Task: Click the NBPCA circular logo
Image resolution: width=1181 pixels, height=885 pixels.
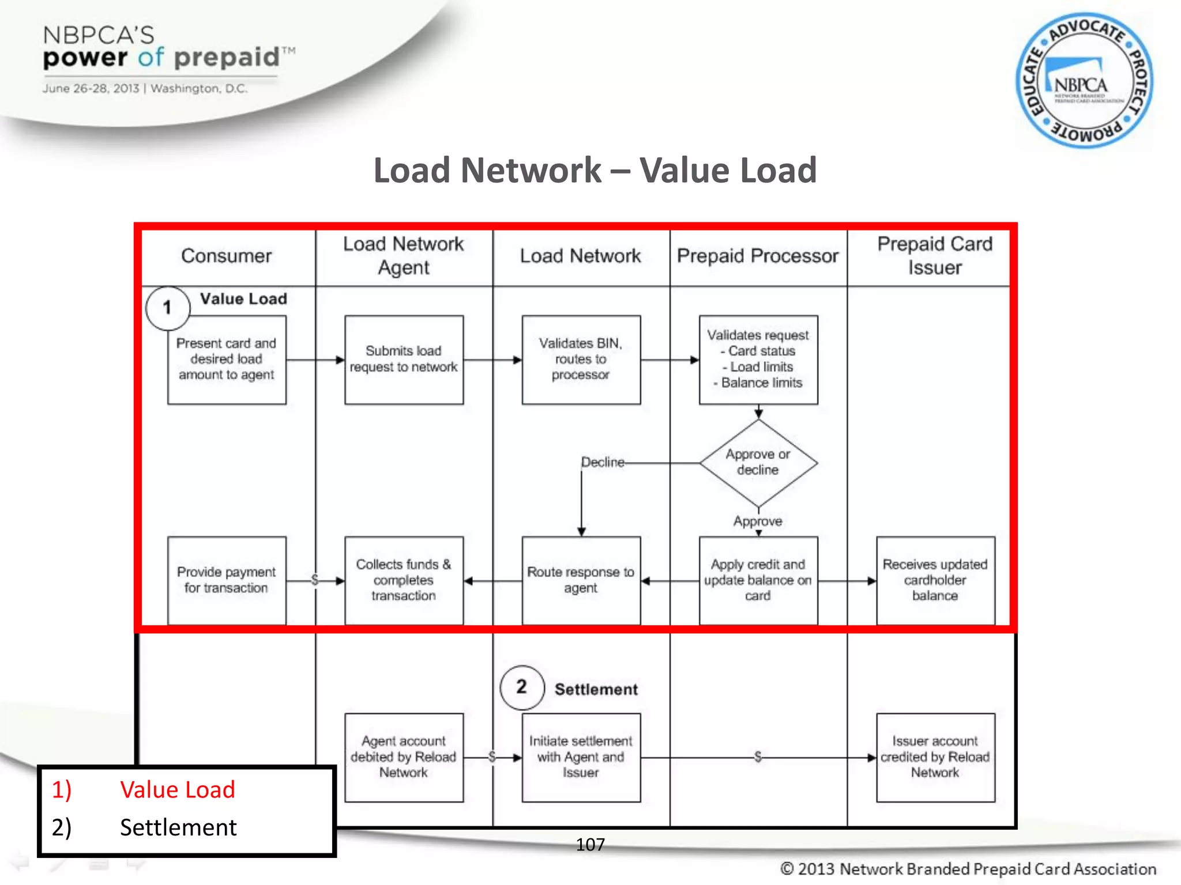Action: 1084,81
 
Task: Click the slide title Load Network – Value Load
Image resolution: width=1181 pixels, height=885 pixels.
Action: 595,171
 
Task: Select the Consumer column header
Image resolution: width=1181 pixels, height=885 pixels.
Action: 226,256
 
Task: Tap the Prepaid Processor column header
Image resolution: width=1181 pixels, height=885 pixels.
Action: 757,256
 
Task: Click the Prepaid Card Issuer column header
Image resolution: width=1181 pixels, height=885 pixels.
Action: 934,256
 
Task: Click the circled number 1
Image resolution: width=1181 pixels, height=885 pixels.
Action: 168,308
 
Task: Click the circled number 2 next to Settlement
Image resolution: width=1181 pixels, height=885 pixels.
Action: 522,687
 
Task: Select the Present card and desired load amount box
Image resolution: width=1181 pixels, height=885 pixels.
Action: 227,360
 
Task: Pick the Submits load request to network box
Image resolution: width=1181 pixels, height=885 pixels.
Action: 404,360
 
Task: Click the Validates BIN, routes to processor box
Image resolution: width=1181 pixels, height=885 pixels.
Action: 581,360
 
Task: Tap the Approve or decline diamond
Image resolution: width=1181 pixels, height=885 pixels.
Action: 758,462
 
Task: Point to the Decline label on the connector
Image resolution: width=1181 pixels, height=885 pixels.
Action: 603,462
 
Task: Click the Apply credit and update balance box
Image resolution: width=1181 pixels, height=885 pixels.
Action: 758,580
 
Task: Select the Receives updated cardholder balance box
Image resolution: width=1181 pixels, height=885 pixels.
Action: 935,580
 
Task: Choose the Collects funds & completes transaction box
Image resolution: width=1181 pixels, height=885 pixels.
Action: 404,580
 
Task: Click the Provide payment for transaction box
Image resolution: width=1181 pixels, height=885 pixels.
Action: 227,580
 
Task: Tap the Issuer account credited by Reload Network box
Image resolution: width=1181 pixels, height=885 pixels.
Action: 935,757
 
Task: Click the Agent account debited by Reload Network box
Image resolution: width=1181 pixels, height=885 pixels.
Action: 404,757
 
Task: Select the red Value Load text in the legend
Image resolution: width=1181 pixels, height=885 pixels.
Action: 178,790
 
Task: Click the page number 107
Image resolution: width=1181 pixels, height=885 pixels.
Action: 590,845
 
